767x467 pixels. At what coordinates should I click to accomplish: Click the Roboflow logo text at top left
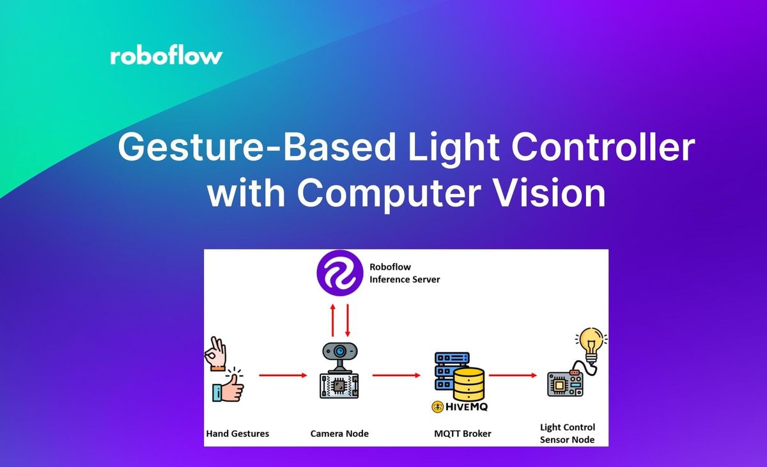click(x=166, y=56)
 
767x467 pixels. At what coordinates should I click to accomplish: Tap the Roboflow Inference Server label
click(x=405, y=273)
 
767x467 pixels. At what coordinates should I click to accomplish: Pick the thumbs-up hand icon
click(x=228, y=386)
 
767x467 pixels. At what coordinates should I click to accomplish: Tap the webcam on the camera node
click(x=339, y=354)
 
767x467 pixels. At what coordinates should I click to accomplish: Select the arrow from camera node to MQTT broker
click(x=396, y=376)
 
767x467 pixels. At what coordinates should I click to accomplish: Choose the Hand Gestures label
click(x=237, y=434)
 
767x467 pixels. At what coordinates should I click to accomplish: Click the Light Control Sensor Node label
click(x=567, y=433)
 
